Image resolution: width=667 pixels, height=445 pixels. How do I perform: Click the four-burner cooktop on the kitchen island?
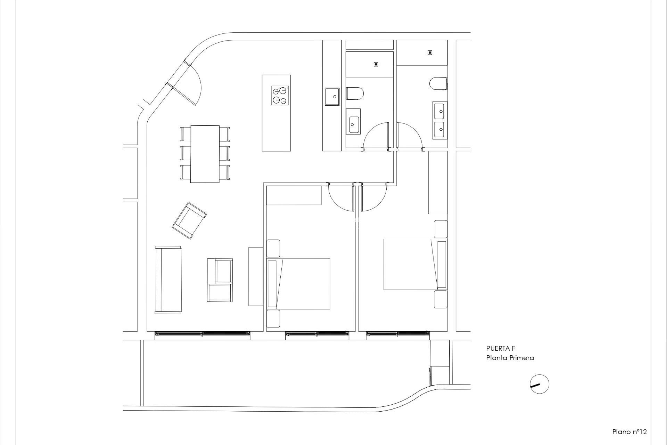tap(280, 96)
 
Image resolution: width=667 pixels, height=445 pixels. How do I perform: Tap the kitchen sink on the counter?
tap(332, 96)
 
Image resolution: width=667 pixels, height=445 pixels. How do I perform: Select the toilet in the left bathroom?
tap(355, 94)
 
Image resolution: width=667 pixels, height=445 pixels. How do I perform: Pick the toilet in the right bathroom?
tap(438, 84)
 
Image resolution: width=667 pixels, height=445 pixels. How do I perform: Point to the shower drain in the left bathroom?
tap(376, 64)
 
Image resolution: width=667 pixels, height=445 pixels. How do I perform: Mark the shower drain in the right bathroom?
tap(430, 52)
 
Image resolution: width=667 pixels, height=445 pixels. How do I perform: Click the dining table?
tap(205, 154)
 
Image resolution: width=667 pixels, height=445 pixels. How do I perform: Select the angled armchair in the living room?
tap(189, 220)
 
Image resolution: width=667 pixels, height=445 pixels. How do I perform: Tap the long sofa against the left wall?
tap(168, 280)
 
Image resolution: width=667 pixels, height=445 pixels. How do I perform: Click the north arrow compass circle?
tap(540, 384)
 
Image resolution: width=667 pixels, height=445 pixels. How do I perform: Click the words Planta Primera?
tap(510, 358)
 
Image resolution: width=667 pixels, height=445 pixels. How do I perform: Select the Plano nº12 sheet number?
tap(629, 432)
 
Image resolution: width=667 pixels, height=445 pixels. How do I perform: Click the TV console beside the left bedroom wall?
tap(256, 276)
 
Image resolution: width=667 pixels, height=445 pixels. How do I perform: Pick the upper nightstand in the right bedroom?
tap(440, 229)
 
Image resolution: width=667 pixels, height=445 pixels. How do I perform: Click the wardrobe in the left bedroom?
tap(294, 195)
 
